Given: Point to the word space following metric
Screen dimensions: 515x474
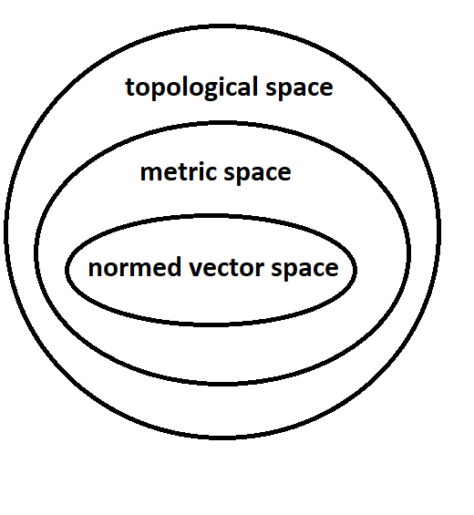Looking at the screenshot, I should click(x=258, y=173).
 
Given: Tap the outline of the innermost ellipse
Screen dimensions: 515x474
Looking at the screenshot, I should click(x=68, y=270).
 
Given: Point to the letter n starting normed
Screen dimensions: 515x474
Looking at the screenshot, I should click(x=95, y=269).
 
